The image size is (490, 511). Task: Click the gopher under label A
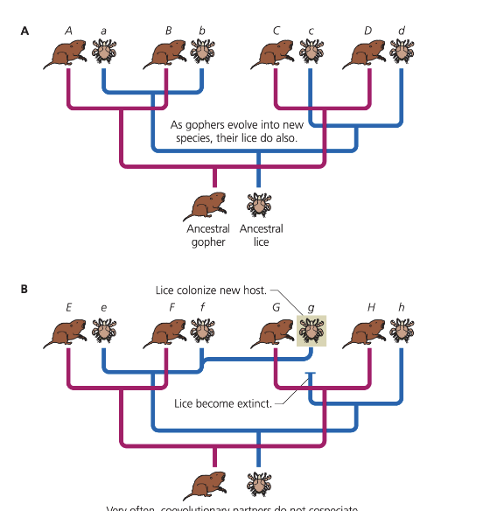point(67,55)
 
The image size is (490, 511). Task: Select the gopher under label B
point(167,55)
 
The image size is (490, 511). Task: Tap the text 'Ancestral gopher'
point(208,235)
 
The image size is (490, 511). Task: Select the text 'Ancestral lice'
point(261,235)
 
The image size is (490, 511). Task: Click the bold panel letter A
point(24,31)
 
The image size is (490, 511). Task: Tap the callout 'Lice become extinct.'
point(223,403)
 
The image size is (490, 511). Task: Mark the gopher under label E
point(67,333)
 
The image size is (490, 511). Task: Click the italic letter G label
point(276,307)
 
